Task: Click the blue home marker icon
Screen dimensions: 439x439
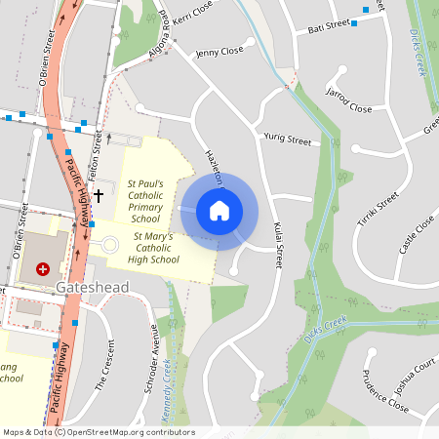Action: click(219, 211)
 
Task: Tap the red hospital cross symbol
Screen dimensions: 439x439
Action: click(42, 268)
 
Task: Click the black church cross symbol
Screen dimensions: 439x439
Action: click(98, 195)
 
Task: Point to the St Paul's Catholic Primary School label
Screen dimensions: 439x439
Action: click(152, 201)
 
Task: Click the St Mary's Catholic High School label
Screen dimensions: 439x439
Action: click(154, 248)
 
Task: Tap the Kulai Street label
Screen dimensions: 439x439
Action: click(278, 244)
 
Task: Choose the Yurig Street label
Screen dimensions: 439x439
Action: click(287, 140)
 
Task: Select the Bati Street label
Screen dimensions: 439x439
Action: click(330, 26)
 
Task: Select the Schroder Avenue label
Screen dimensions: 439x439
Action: click(151, 359)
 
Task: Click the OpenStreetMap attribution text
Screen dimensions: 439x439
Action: click(99, 432)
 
